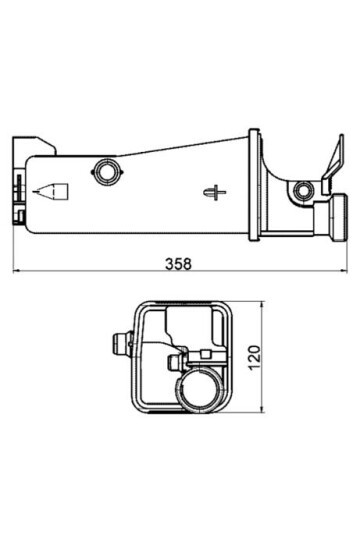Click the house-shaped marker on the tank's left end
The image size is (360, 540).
pos(51,190)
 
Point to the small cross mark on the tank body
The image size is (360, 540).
pos(211,189)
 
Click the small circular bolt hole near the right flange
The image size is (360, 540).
pos(304,189)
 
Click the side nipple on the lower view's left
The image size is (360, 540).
pos(122,343)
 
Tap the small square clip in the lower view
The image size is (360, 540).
pos(207,352)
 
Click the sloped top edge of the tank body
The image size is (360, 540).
pos(180,145)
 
